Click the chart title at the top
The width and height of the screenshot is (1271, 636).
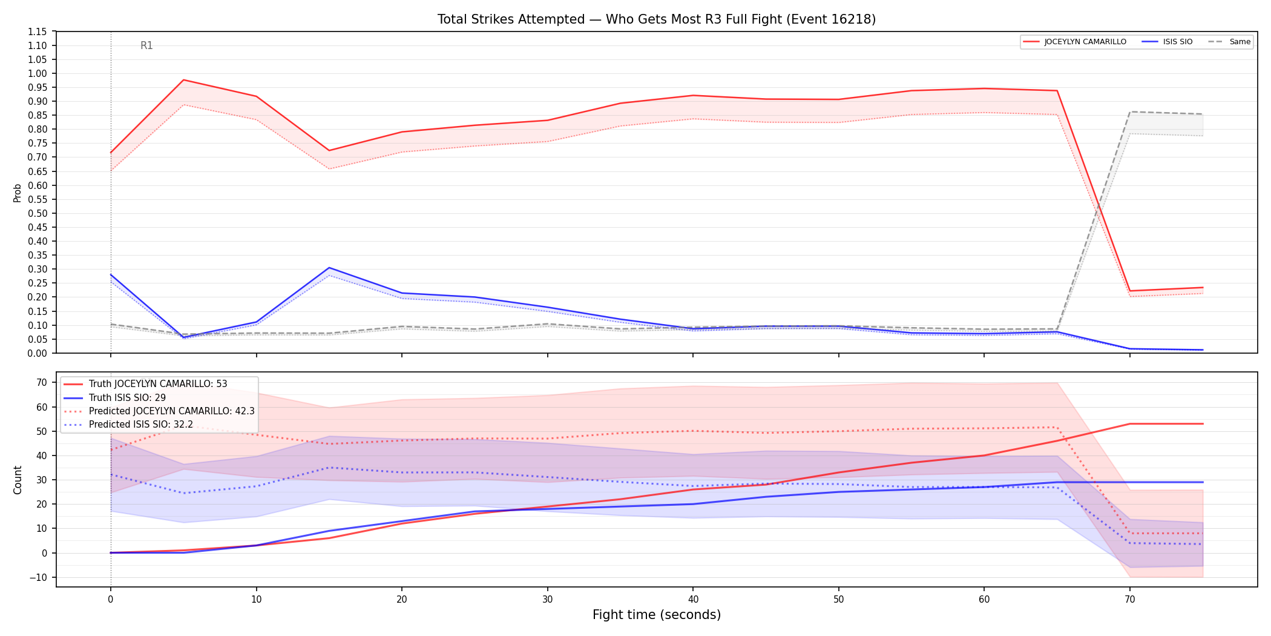(657, 19)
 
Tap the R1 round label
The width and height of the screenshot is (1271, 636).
(146, 45)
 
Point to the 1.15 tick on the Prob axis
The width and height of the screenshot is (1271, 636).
(38, 31)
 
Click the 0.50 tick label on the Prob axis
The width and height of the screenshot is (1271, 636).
(38, 213)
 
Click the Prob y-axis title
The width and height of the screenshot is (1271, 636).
(18, 193)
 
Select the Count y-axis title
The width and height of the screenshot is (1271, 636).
(18, 480)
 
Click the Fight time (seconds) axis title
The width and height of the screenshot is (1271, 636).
(657, 615)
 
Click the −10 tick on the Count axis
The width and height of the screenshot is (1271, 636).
(39, 577)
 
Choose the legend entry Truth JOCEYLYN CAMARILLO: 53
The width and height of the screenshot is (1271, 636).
(158, 384)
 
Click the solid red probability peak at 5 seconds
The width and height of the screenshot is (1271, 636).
(183, 80)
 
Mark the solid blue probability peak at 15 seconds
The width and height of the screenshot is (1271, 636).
(329, 268)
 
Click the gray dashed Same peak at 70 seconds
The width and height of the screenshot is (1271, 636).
(1130, 111)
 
